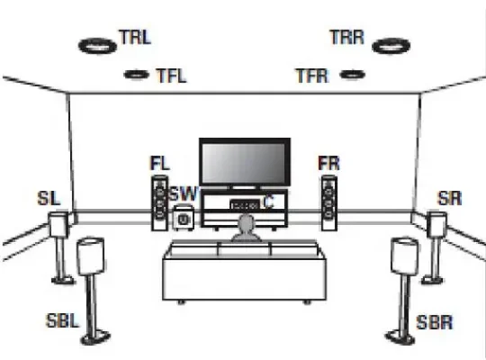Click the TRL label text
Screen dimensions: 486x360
135,37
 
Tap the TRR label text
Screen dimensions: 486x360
346,37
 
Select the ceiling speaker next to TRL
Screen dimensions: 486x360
97,46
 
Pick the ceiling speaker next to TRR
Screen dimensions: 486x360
391,46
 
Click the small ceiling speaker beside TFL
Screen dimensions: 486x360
136,75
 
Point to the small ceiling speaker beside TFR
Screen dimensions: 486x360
353,75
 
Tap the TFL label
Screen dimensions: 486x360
172,76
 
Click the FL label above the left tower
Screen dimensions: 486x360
160,163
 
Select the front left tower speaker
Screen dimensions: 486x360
159,203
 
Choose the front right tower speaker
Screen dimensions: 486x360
329,203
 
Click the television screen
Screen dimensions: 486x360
245,163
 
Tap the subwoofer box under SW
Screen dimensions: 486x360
184,218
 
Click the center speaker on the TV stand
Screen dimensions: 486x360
245,205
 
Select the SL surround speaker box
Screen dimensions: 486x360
58,224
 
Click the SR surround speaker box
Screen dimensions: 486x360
436,224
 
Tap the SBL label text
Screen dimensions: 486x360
62,320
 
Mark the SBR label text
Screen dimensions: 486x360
435,322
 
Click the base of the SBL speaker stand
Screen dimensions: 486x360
95,337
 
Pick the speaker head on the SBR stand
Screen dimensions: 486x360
404,256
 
